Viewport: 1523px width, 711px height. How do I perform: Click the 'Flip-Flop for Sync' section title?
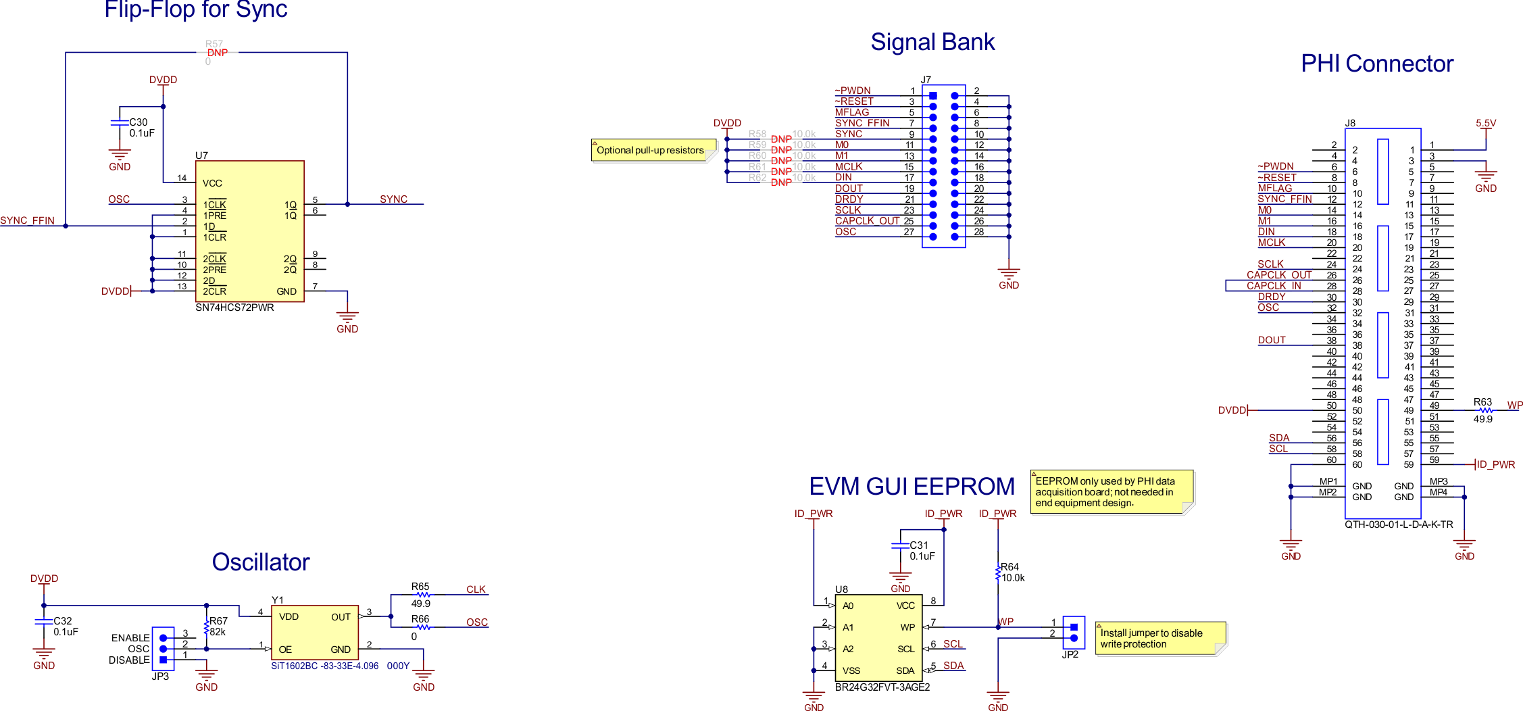195,9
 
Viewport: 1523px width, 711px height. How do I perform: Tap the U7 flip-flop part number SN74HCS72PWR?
234,308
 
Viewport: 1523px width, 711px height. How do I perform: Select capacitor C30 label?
139,122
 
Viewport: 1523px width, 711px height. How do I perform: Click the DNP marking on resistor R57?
218,53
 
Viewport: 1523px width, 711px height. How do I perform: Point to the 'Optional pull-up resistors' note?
650,150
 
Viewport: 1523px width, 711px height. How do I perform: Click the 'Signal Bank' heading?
932,42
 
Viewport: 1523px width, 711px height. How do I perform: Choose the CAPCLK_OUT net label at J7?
867,221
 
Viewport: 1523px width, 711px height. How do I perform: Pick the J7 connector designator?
926,80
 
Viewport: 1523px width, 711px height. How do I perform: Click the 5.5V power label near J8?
1486,123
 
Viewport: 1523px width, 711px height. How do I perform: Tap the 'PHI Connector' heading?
1376,64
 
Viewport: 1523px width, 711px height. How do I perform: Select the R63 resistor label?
1482,401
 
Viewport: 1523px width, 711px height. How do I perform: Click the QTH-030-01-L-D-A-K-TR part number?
1399,524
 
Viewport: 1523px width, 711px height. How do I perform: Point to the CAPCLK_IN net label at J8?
1274,286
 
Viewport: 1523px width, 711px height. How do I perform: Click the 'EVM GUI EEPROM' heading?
912,487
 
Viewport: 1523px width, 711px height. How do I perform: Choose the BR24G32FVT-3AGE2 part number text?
882,687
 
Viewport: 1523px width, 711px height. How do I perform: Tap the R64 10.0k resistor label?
1012,572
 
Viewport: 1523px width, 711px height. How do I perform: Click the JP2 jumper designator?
1070,655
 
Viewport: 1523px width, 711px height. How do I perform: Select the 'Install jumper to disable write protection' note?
1155,638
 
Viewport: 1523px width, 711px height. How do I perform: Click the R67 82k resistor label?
218,626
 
